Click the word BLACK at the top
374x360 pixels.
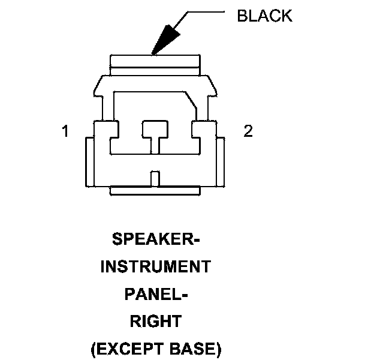click(264, 16)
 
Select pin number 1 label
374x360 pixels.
click(65, 131)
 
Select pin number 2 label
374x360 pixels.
click(248, 131)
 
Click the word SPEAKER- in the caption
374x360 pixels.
click(155, 240)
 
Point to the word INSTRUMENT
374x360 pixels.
click(155, 266)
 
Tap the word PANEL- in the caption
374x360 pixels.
click(155, 294)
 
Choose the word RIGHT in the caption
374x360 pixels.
click(155, 321)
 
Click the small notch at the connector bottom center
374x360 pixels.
click(155, 178)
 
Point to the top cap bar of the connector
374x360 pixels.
click(155, 62)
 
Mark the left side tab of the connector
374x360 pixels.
click(89, 162)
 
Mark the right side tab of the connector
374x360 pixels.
click(221, 162)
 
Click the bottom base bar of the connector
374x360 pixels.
click(155, 191)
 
